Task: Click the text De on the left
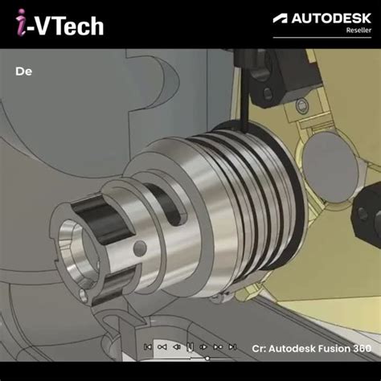click(23, 71)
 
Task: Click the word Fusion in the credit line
click(328, 348)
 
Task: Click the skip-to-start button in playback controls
click(148, 347)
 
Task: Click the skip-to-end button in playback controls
click(232, 347)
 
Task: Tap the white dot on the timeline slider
click(207, 358)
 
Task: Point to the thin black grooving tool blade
click(241, 96)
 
